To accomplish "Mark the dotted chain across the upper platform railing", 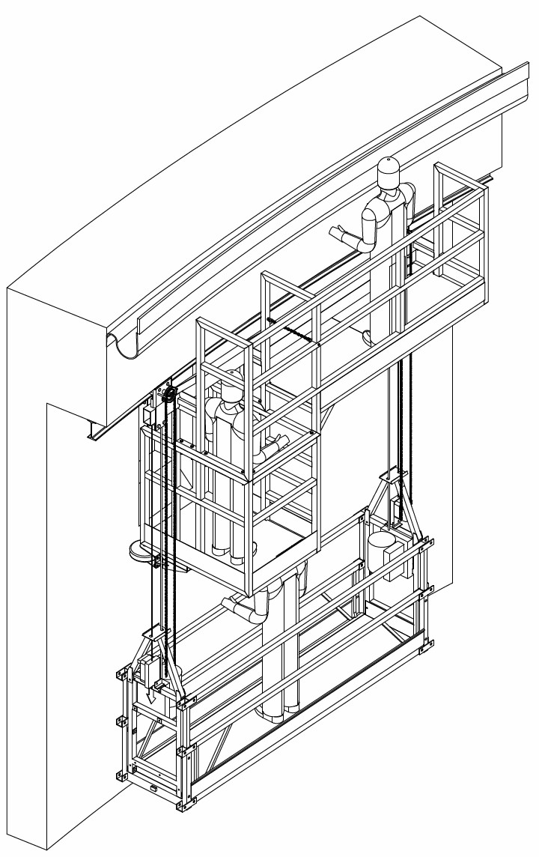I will (x=292, y=330).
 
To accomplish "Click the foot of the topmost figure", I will (x=369, y=339).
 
